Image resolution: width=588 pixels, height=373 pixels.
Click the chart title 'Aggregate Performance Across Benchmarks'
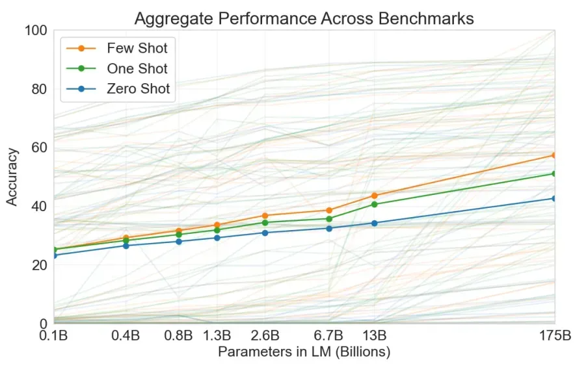(x=304, y=18)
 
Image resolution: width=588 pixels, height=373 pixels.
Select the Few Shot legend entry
(x=137, y=48)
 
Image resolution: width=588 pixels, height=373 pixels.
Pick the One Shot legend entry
(x=137, y=68)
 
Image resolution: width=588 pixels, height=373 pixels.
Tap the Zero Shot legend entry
(x=138, y=89)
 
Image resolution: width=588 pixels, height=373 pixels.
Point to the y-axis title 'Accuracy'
(x=12, y=177)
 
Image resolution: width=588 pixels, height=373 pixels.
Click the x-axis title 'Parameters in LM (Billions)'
(x=304, y=352)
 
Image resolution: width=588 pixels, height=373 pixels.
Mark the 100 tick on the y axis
(x=36, y=31)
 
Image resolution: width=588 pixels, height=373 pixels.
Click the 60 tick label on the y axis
(x=39, y=148)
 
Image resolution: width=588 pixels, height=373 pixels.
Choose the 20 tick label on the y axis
(x=39, y=265)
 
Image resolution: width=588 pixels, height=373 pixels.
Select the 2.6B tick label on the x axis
(x=265, y=336)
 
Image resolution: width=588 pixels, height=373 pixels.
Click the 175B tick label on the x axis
(x=554, y=336)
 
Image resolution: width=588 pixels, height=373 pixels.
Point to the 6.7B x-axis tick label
(x=329, y=336)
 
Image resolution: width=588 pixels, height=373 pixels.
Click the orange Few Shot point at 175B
(x=554, y=155)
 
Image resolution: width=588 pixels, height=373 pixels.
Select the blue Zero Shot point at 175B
(x=554, y=198)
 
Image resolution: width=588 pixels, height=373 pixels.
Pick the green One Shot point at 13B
(x=375, y=204)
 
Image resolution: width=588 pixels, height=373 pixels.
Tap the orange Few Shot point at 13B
(x=375, y=196)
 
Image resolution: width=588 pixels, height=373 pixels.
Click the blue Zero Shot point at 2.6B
(x=265, y=233)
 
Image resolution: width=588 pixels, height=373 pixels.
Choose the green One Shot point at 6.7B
(x=329, y=219)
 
